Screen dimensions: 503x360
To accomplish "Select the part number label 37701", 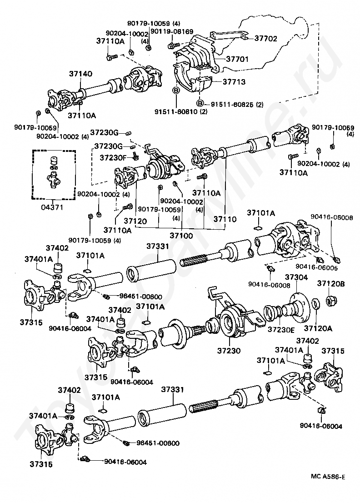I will (x=236, y=59).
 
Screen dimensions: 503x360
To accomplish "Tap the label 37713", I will (x=234, y=82).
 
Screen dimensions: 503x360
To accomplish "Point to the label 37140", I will (x=80, y=73).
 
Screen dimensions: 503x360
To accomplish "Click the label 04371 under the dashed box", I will (x=53, y=207).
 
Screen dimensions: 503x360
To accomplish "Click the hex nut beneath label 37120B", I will (x=331, y=301).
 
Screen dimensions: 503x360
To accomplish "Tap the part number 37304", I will (x=296, y=277).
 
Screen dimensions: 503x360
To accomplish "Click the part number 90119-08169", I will (x=172, y=31).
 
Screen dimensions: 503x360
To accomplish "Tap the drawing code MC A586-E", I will (x=328, y=477).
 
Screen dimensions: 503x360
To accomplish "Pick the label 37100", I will (x=181, y=236).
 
